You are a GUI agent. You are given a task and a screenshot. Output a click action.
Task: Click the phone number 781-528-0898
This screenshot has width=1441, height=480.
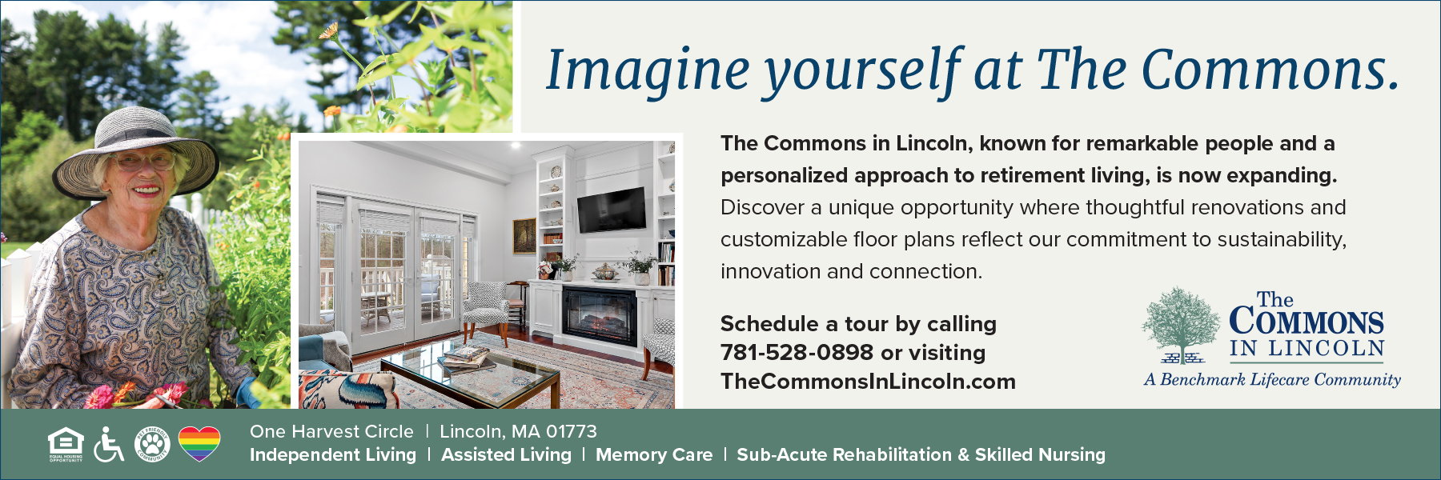tap(797, 353)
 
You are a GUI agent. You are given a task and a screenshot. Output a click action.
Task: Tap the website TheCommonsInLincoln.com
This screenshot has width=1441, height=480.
tap(868, 382)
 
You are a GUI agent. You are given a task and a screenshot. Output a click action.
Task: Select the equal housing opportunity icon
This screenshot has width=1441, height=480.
tap(66, 444)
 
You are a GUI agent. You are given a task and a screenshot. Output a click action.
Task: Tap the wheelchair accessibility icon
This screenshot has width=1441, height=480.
tap(109, 444)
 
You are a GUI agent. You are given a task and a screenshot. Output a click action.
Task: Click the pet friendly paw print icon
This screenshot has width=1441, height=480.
tap(152, 444)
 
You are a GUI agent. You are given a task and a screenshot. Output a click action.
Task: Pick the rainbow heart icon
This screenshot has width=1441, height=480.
tap(199, 444)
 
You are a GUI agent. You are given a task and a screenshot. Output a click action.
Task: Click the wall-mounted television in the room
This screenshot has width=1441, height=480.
tap(612, 210)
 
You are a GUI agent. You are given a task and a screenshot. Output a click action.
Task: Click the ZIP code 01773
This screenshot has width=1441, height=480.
tap(572, 432)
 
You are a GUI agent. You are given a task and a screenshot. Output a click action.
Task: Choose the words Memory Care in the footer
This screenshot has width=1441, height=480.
tap(654, 455)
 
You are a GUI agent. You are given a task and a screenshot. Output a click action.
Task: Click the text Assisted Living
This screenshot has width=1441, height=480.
tap(507, 455)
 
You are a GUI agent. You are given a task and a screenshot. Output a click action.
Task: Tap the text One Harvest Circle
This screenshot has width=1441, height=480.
tap(331, 432)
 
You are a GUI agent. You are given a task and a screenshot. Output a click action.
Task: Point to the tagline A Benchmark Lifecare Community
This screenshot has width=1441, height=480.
tap(1272, 380)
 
